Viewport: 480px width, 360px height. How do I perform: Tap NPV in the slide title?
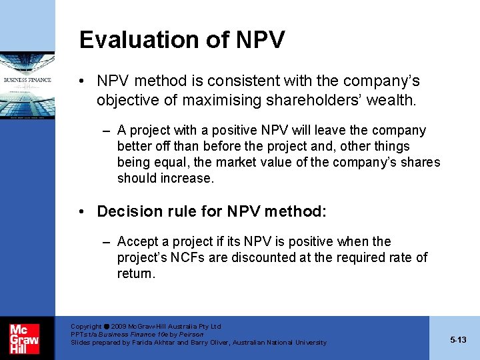[x=260, y=40]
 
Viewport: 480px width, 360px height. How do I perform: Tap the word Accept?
[x=137, y=241]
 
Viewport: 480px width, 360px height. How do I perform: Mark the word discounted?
[x=254, y=257]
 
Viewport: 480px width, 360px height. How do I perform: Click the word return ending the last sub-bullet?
[x=135, y=273]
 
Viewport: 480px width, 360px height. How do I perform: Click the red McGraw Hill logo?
[x=24, y=338]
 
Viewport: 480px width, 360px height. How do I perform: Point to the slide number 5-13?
[x=458, y=340]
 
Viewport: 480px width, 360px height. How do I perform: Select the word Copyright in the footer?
[x=86, y=327]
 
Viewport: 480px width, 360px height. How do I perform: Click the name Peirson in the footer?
[x=191, y=334]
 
